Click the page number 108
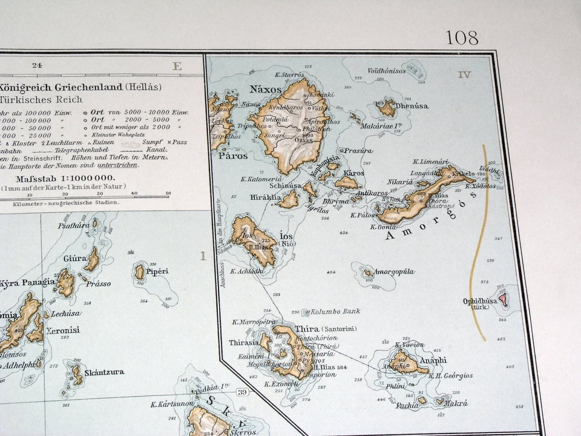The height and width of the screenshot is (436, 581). click(x=462, y=38)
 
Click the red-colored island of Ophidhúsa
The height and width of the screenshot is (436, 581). click(x=502, y=297)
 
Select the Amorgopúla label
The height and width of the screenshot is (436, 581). click(x=394, y=272)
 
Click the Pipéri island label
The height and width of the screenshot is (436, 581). click(x=157, y=271)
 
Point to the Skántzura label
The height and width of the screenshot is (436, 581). click(x=104, y=372)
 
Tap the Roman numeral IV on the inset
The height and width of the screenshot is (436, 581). click(x=464, y=74)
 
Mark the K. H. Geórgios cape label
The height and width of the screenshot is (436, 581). click(x=450, y=375)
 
